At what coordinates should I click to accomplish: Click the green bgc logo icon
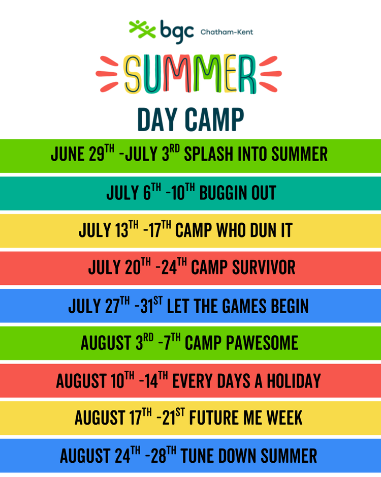tap(142, 29)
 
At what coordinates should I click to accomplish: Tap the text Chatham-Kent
tap(227, 32)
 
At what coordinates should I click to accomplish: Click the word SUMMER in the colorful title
tap(190, 75)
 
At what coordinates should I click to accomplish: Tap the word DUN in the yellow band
tap(261, 230)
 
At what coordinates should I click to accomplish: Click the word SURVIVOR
tap(264, 267)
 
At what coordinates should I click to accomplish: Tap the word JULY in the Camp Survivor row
tap(104, 267)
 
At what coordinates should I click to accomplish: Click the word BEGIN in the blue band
tap(288, 306)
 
